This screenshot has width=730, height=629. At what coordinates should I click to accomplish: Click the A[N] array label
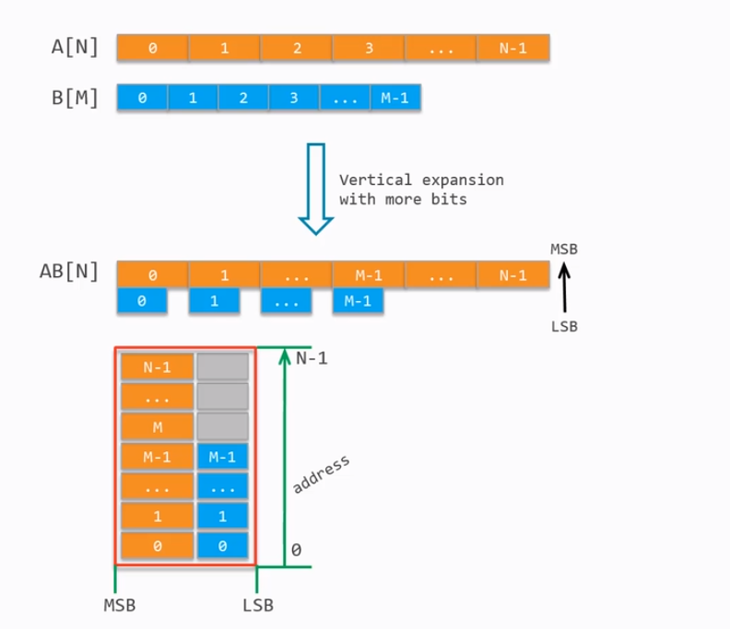(75, 47)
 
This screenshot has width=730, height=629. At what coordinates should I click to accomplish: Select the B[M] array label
(75, 98)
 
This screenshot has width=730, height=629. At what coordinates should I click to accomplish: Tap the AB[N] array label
(69, 273)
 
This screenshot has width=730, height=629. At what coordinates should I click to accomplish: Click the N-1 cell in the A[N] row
(513, 48)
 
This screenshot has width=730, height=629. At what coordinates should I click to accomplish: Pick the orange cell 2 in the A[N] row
(297, 48)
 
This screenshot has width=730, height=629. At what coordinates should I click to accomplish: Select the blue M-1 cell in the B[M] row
(394, 99)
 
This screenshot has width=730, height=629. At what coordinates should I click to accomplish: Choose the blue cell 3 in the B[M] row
(294, 99)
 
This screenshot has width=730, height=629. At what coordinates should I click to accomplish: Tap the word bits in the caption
(452, 198)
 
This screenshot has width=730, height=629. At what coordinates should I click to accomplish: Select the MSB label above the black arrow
(564, 249)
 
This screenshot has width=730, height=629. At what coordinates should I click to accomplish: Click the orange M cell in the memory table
(157, 425)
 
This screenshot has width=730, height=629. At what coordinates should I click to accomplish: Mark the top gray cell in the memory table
(222, 367)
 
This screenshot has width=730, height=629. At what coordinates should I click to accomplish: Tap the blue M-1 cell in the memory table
(222, 457)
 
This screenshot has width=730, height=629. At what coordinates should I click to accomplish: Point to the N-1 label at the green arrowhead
(312, 359)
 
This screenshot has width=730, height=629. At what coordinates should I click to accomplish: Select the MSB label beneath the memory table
(118, 605)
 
